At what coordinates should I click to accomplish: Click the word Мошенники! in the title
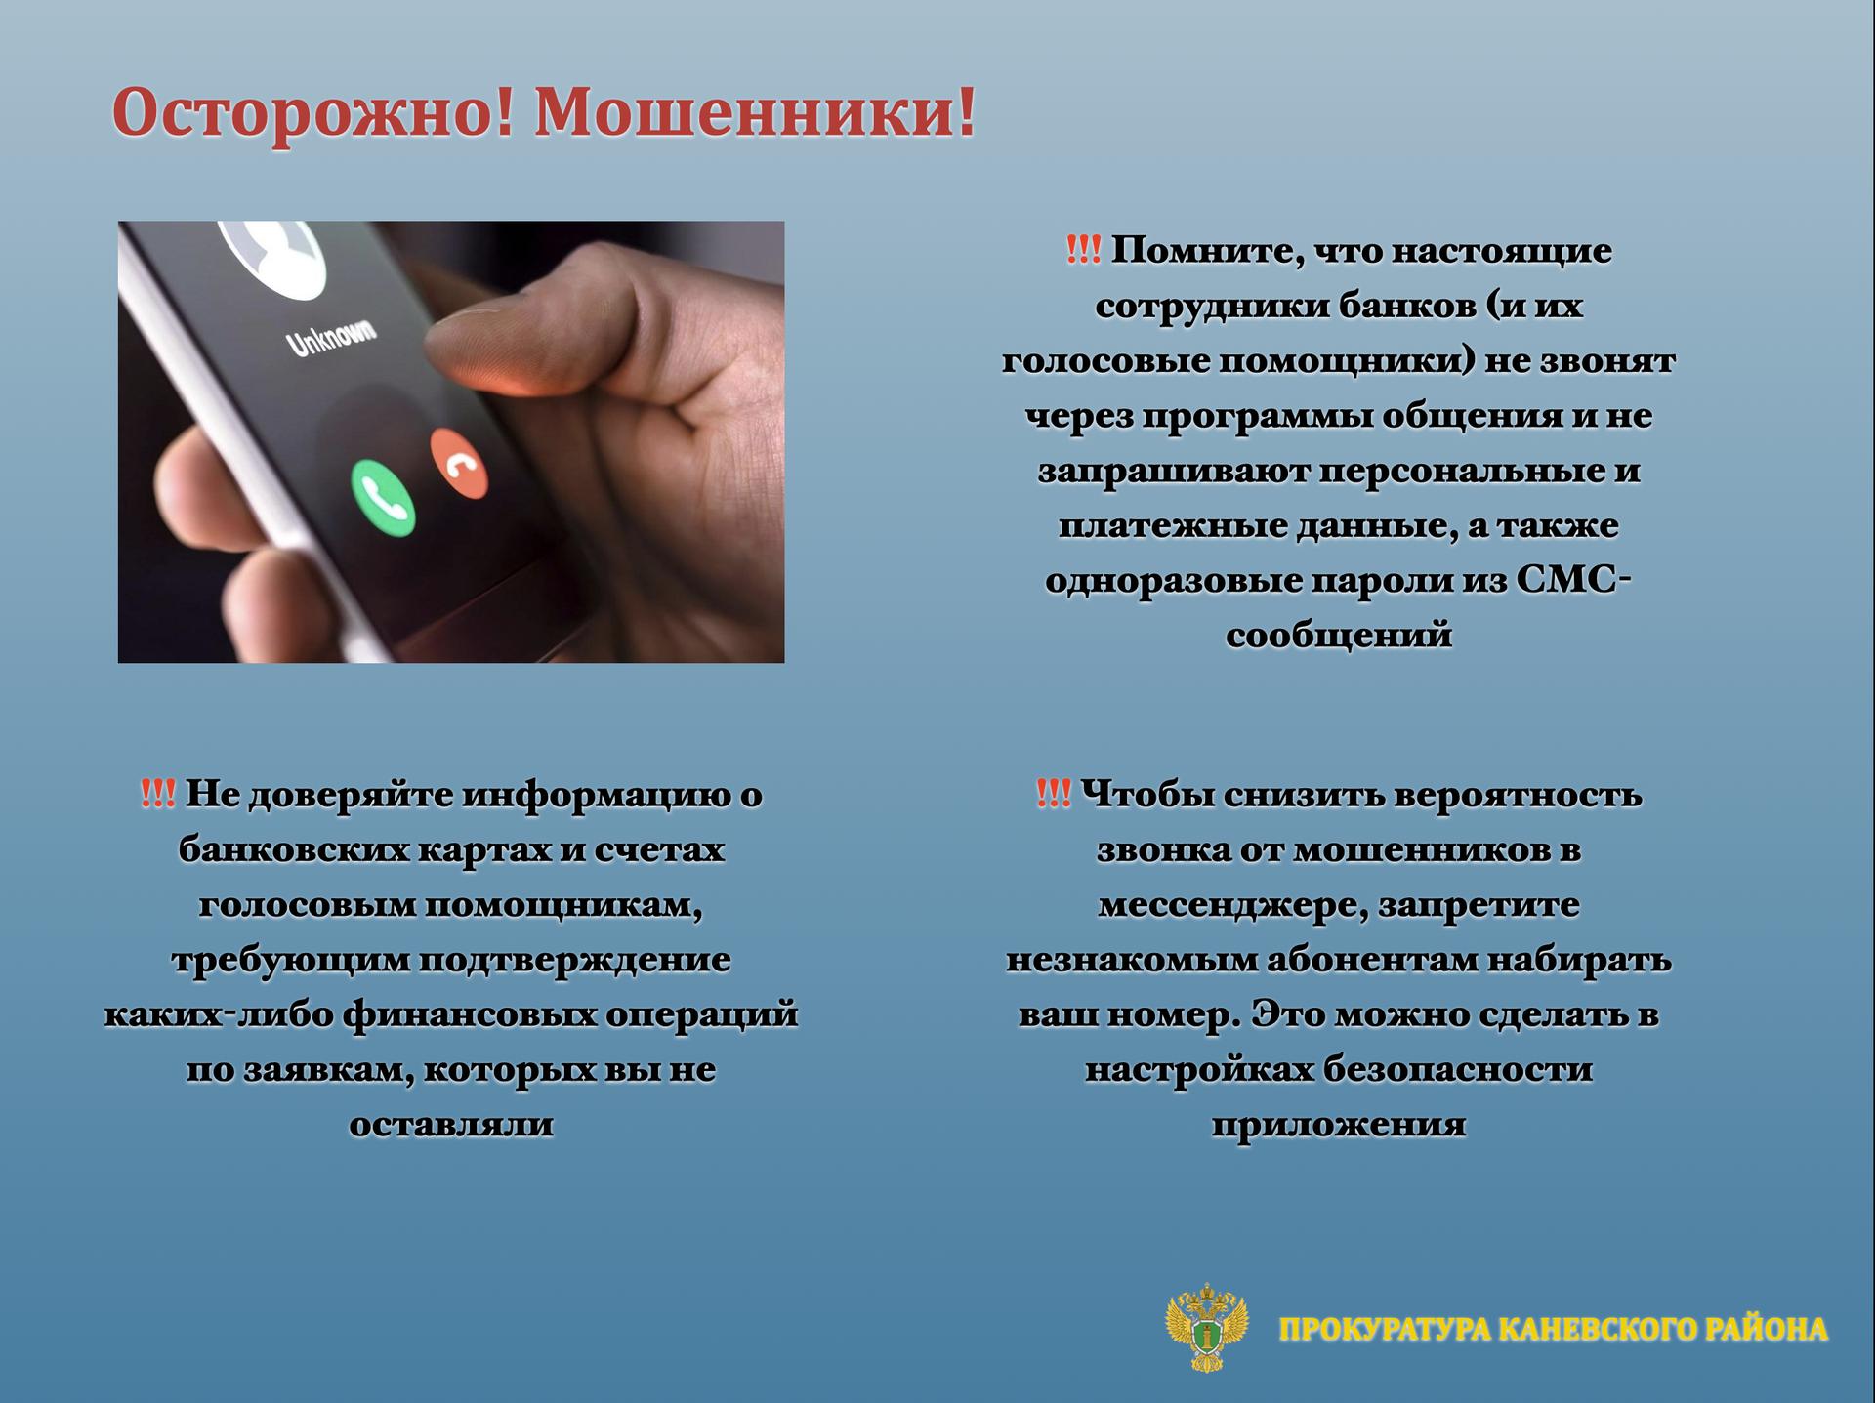point(756,112)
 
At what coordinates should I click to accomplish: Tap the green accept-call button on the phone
point(383,497)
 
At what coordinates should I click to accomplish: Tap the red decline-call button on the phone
point(459,463)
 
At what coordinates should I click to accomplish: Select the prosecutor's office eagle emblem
point(1208,1327)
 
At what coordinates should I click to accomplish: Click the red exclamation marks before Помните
point(1083,250)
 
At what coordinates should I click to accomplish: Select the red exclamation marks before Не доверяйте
point(158,794)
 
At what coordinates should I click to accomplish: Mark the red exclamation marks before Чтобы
point(1054,794)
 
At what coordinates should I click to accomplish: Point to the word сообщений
point(1339,636)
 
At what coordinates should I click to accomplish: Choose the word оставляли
point(451,1124)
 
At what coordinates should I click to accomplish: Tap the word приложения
point(1339,1125)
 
